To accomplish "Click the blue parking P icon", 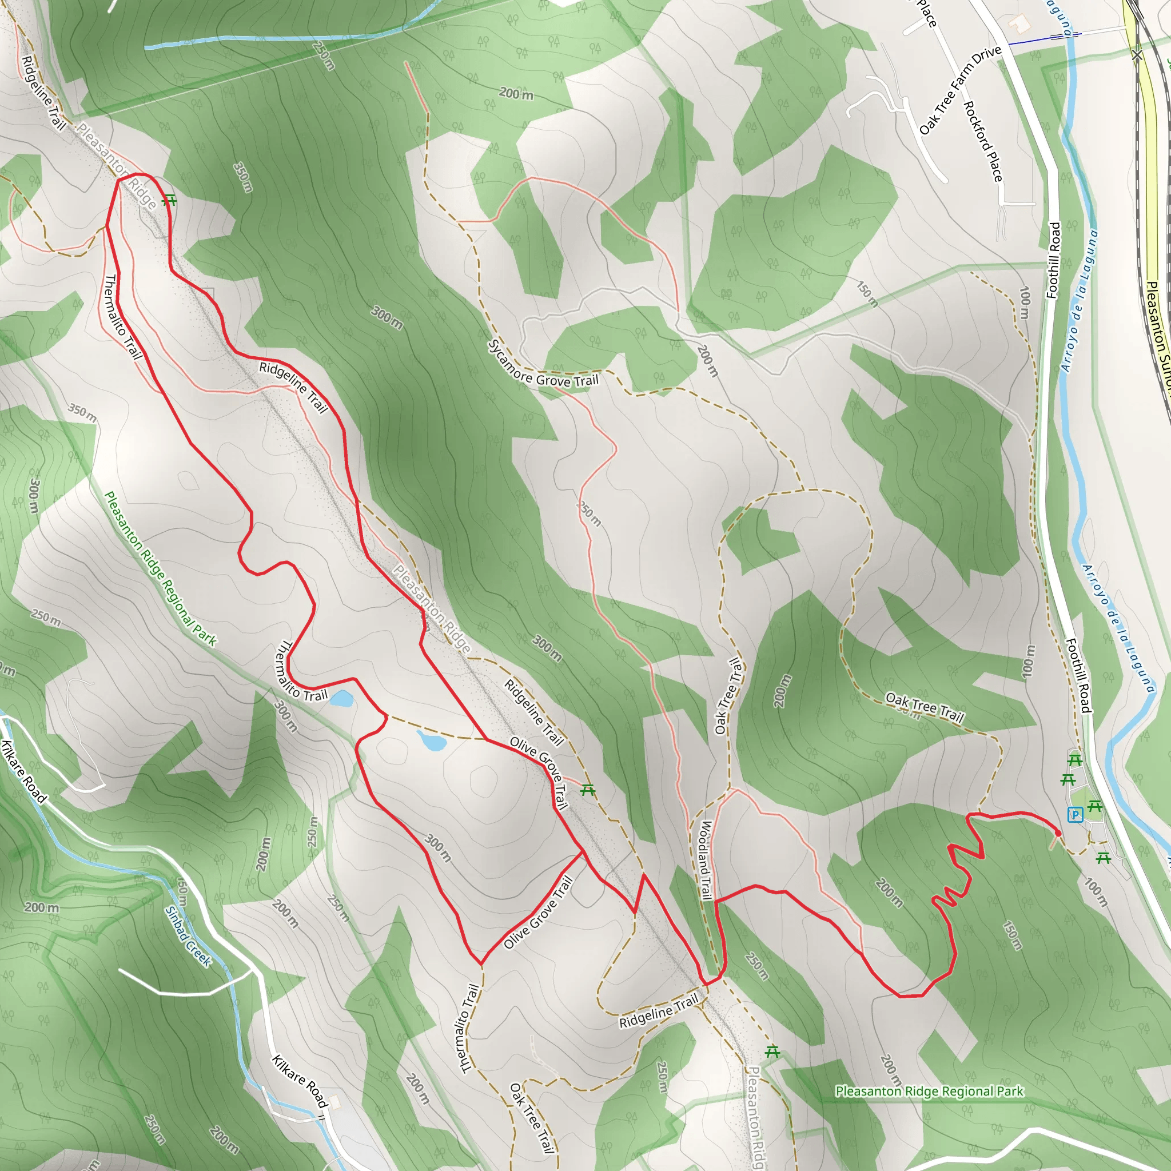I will click(x=1076, y=815).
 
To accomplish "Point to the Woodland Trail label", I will click(x=706, y=861).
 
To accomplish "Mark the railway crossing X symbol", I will click(x=1137, y=56).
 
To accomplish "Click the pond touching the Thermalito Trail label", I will click(x=341, y=699).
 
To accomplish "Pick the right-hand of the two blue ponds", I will click(x=431, y=740).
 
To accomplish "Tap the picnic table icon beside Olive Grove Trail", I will click(x=587, y=790).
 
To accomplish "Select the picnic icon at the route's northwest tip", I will click(x=170, y=200).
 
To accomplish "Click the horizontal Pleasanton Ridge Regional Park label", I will click(x=929, y=1092).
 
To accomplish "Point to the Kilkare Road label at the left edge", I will click(x=24, y=771).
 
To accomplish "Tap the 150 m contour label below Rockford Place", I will click(x=867, y=293).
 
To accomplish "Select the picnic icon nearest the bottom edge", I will click(x=771, y=1051).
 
